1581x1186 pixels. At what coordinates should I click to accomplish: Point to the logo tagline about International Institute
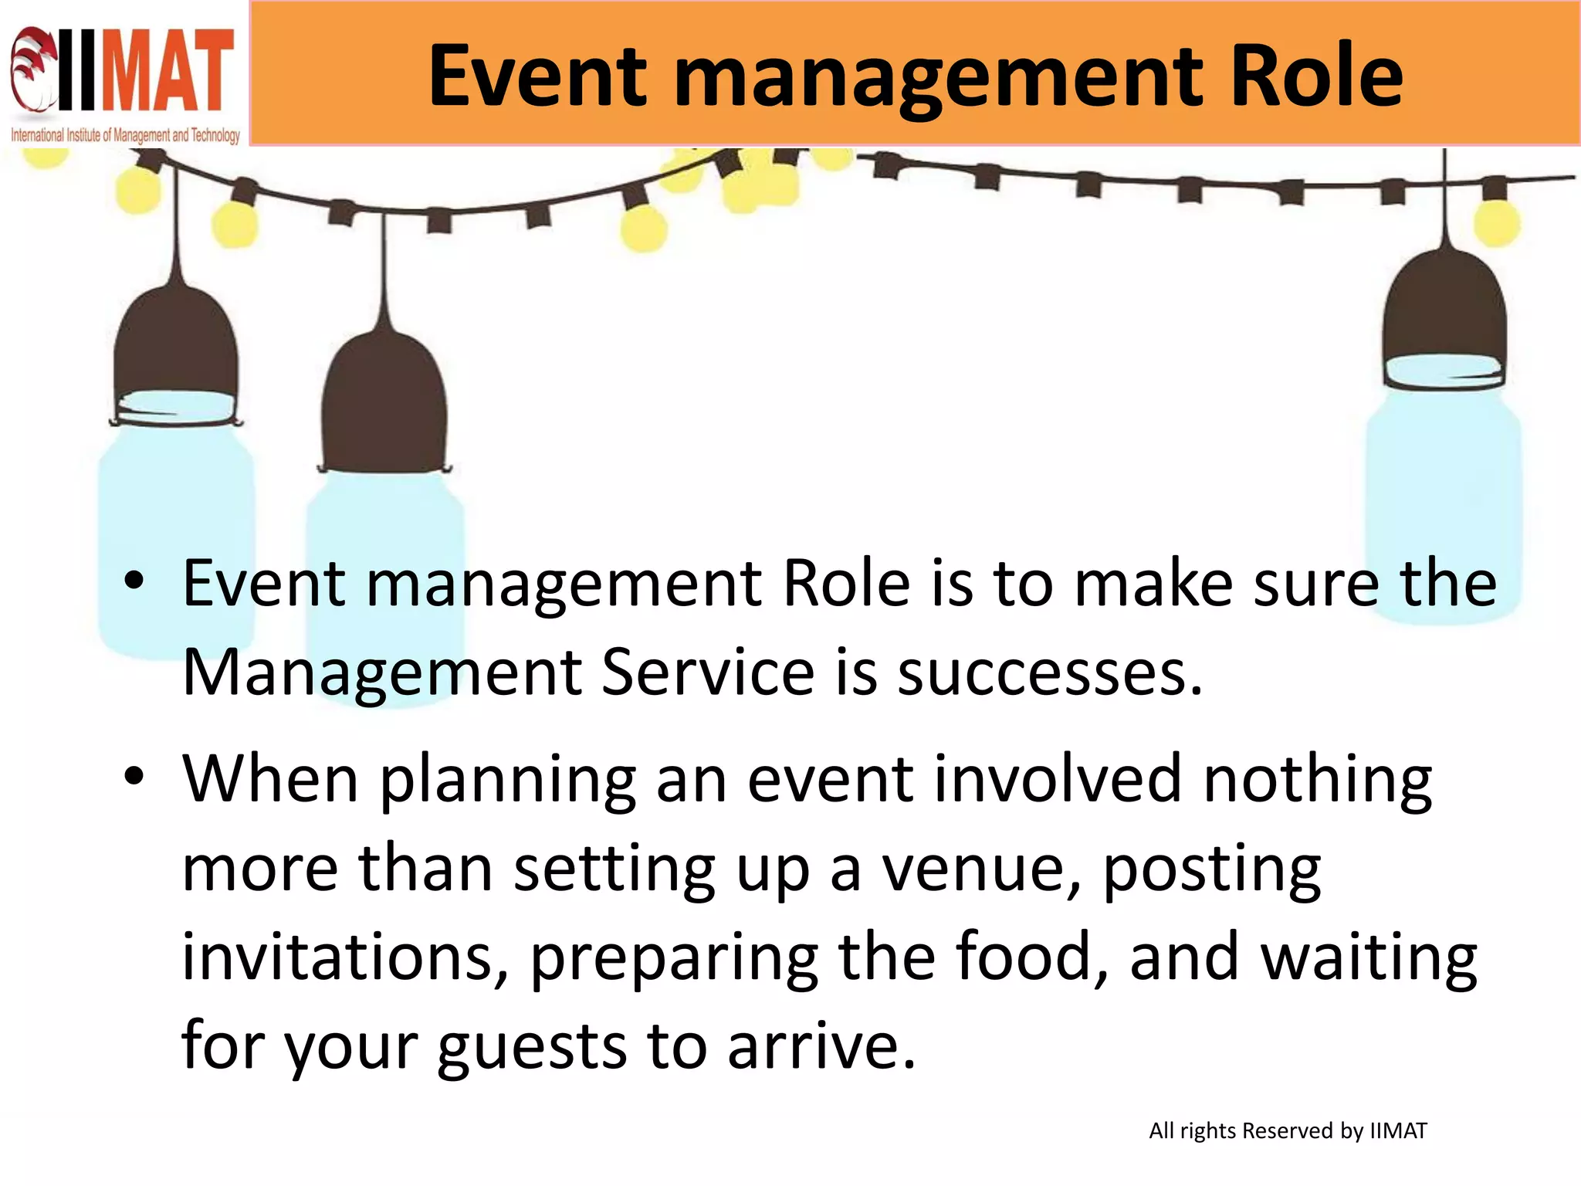click(x=125, y=136)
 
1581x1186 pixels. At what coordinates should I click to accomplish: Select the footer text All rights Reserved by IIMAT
click(x=1287, y=1130)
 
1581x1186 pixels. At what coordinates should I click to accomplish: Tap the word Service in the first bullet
click(x=707, y=672)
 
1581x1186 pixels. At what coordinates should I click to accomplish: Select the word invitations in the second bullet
click(x=344, y=957)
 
